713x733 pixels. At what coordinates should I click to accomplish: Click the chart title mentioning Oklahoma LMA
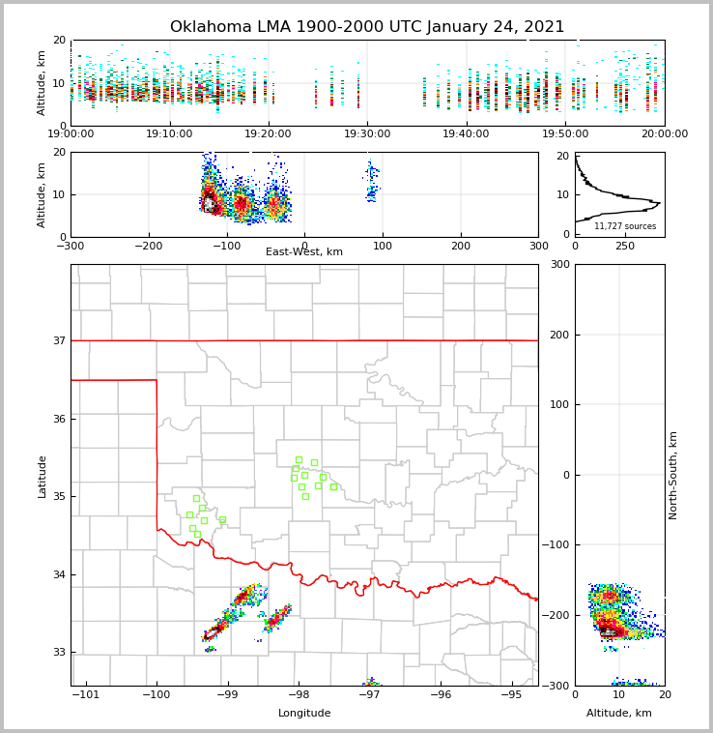(x=367, y=27)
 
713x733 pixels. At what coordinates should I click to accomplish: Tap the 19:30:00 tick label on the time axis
(x=367, y=134)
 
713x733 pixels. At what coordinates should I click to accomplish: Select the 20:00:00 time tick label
(x=664, y=134)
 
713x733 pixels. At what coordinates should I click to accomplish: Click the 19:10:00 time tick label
(x=169, y=134)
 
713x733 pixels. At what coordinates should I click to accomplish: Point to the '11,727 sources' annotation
(x=625, y=226)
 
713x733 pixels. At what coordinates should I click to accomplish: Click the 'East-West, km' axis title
(x=304, y=252)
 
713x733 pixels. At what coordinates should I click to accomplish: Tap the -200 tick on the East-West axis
(x=148, y=246)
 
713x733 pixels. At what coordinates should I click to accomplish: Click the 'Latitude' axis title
(x=43, y=476)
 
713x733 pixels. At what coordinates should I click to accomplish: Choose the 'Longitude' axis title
(x=304, y=714)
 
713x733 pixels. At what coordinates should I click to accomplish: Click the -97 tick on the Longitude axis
(x=369, y=695)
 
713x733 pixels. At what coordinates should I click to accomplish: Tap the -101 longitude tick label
(x=86, y=695)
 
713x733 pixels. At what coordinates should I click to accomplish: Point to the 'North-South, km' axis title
(x=673, y=475)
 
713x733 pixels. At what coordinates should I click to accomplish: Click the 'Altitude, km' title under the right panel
(x=619, y=714)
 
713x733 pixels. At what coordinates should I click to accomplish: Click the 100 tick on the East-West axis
(x=383, y=246)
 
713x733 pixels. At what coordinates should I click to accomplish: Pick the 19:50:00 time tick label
(x=565, y=134)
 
